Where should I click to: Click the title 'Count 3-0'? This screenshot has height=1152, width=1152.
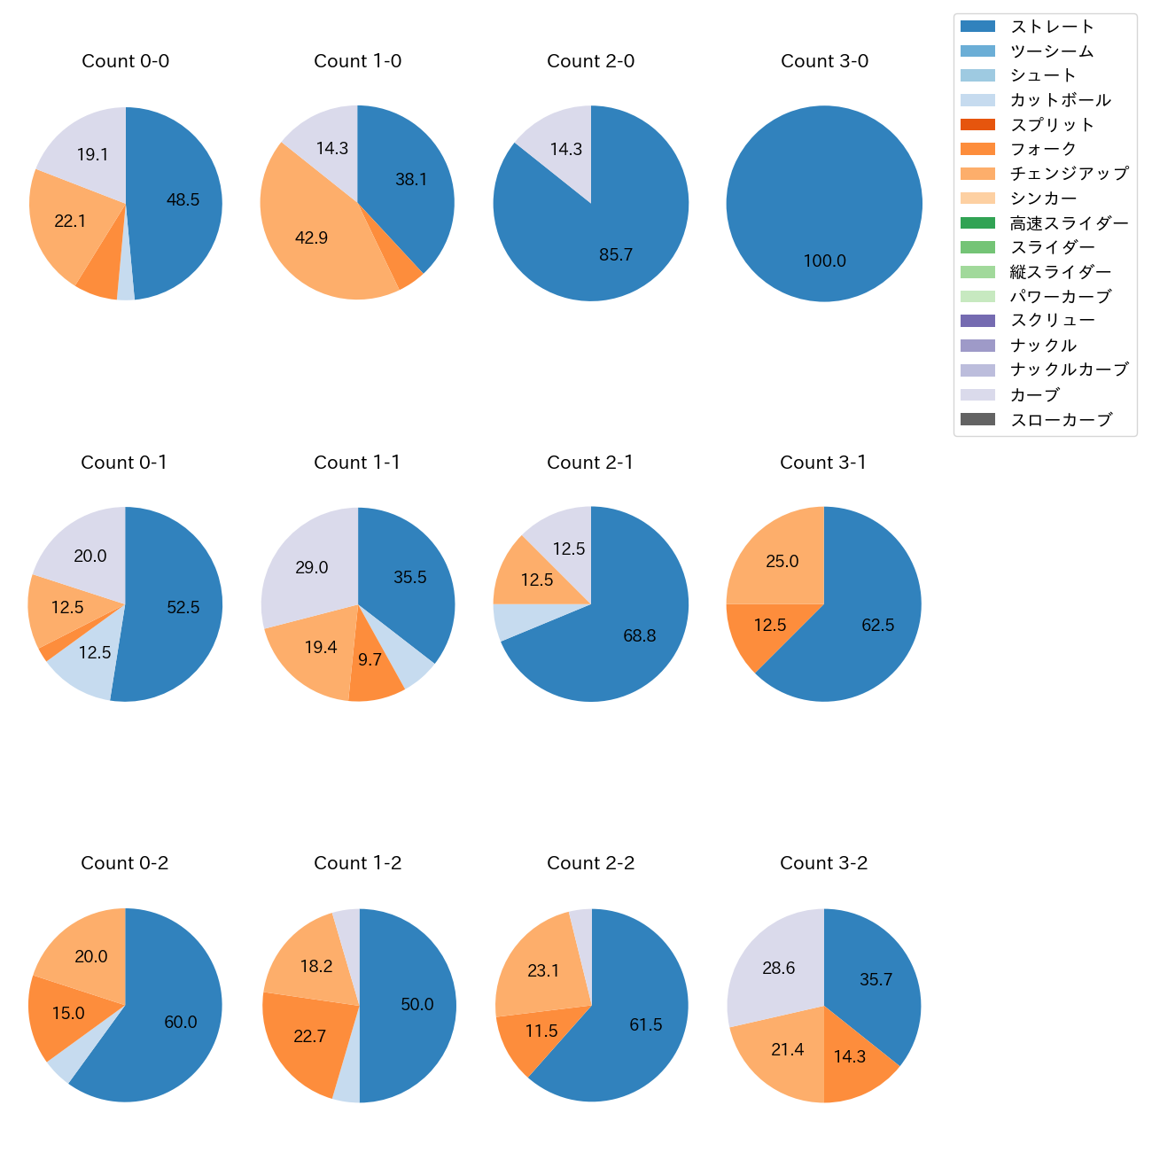824,61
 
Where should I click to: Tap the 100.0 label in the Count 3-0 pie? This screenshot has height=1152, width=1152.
824,261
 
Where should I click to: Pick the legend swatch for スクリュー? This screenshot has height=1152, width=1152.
977,321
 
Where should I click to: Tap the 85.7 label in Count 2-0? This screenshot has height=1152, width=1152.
616,255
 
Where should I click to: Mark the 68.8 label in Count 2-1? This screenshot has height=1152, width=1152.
639,636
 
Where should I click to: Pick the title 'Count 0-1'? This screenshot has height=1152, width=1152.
124,463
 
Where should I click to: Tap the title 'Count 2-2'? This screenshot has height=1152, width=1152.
590,863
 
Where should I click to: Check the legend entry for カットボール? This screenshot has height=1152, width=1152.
1060,100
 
